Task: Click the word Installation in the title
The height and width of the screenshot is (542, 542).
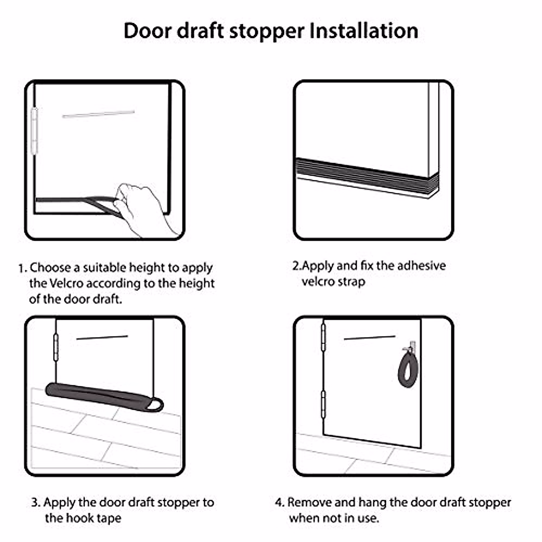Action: [x=364, y=31]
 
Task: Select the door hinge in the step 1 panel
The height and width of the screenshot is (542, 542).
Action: [x=34, y=131]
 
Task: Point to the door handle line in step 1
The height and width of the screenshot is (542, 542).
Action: [x=98, y=114]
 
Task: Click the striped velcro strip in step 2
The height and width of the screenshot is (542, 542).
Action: [x=366, y=174]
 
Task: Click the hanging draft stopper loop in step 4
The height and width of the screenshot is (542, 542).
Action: [x=407, y=368]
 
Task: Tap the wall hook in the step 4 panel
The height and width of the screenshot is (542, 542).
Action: [x=410, y=346]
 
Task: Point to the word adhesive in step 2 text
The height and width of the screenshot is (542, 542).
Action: [x=422, y=266]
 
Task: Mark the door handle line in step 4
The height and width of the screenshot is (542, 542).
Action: [x=369, y=337]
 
